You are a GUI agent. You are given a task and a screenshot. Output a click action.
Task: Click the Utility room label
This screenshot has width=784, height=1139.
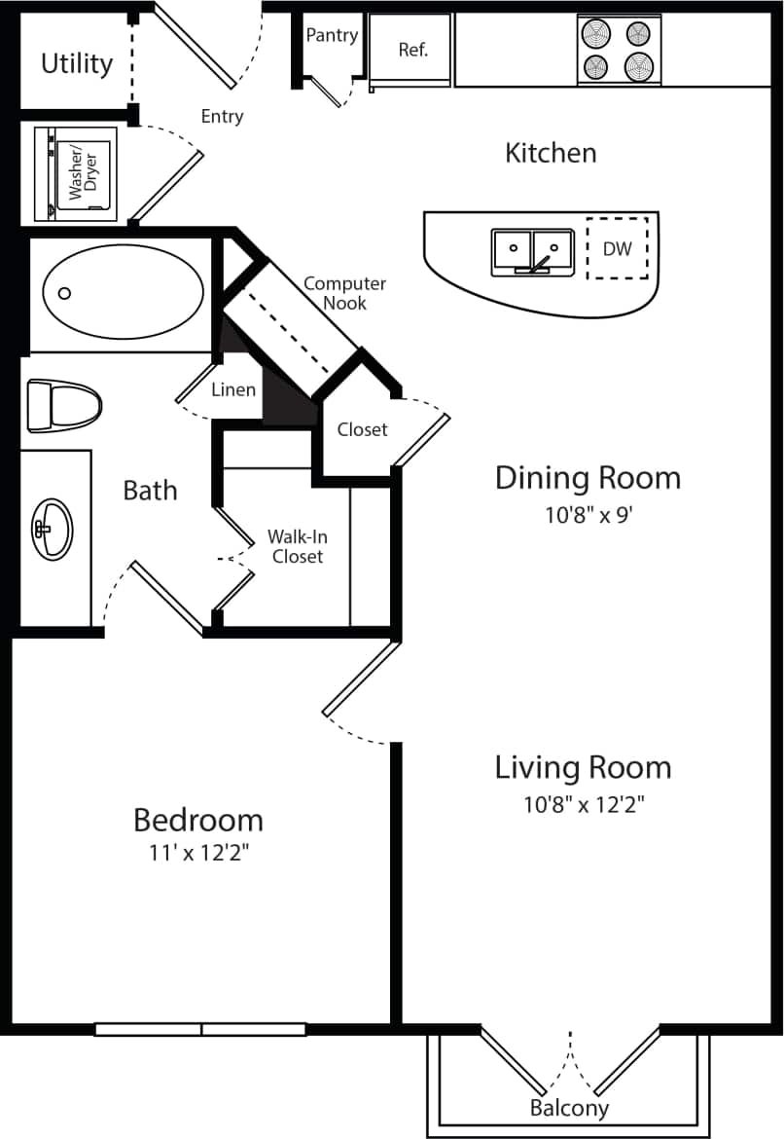pos(77,64)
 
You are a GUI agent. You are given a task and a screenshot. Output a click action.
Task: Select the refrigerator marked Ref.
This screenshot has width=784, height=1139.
pos(412,50)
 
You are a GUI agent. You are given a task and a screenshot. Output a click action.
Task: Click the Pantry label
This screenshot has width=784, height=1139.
pos(332,36)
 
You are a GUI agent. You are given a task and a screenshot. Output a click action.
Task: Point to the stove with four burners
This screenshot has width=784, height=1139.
pos(619,51)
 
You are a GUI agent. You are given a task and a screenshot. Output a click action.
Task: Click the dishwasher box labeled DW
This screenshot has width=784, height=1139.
pos(617,248)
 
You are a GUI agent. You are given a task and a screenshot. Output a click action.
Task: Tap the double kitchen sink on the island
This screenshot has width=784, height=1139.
pos(531,251)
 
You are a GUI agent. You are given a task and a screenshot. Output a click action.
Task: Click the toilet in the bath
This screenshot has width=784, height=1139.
pos(64,405)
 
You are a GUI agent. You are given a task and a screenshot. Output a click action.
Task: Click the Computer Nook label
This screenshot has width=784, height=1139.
pos(344,293)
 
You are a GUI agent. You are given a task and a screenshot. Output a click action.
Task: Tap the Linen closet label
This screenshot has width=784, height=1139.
pos(233,390)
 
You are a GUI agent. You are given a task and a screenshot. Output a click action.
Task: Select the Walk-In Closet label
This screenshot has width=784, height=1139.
pos(297,547)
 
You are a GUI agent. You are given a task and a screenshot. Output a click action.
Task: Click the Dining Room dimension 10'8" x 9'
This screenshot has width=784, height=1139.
pos(588,515)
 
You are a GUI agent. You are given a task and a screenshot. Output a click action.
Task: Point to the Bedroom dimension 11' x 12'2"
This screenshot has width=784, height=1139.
pos(198,853)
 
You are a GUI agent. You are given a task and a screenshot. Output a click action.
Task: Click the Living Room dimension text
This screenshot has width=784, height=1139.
pos(584,804)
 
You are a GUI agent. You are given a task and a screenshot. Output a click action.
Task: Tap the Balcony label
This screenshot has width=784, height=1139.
pos(569,1108)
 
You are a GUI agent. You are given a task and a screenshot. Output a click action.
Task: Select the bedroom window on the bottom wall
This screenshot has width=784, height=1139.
pos(200,1029)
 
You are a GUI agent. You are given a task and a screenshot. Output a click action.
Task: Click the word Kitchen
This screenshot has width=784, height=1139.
pos(551,153)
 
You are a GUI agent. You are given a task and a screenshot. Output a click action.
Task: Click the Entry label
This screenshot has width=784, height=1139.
pos(222,117)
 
